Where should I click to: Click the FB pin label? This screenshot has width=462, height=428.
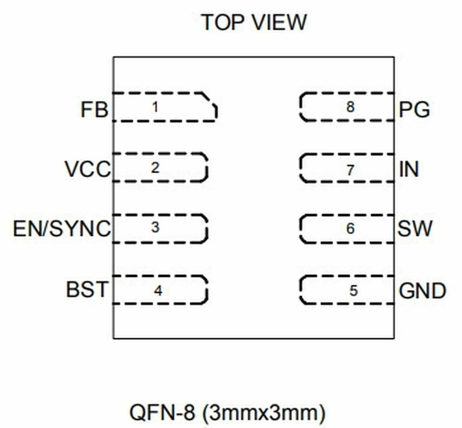pos(94,110)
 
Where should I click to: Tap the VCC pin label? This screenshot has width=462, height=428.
pos(88,169)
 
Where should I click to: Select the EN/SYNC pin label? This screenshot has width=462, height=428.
pos(62,229)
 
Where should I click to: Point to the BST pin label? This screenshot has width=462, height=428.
pos(87,289)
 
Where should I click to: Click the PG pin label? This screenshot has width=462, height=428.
pos(414,110)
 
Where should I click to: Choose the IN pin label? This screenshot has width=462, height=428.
pos(409,169)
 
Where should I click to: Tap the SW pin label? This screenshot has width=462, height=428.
pos(415,229)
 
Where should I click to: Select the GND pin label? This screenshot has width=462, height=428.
pos(422,291)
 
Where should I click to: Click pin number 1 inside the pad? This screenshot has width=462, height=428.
pos(155,107)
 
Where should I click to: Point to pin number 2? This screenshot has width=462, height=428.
pos(155,168)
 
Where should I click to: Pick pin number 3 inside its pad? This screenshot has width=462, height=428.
pos(155,227)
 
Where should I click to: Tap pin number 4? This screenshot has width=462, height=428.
pos(158,291)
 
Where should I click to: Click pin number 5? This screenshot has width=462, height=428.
pos(353,291)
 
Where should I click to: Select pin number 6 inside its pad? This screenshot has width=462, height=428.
pos(350,229)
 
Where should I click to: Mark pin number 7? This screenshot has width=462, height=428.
pos(350,171)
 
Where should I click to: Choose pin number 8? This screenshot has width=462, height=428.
pos(350,107)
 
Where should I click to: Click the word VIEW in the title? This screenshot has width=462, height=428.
pos(280,22)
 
